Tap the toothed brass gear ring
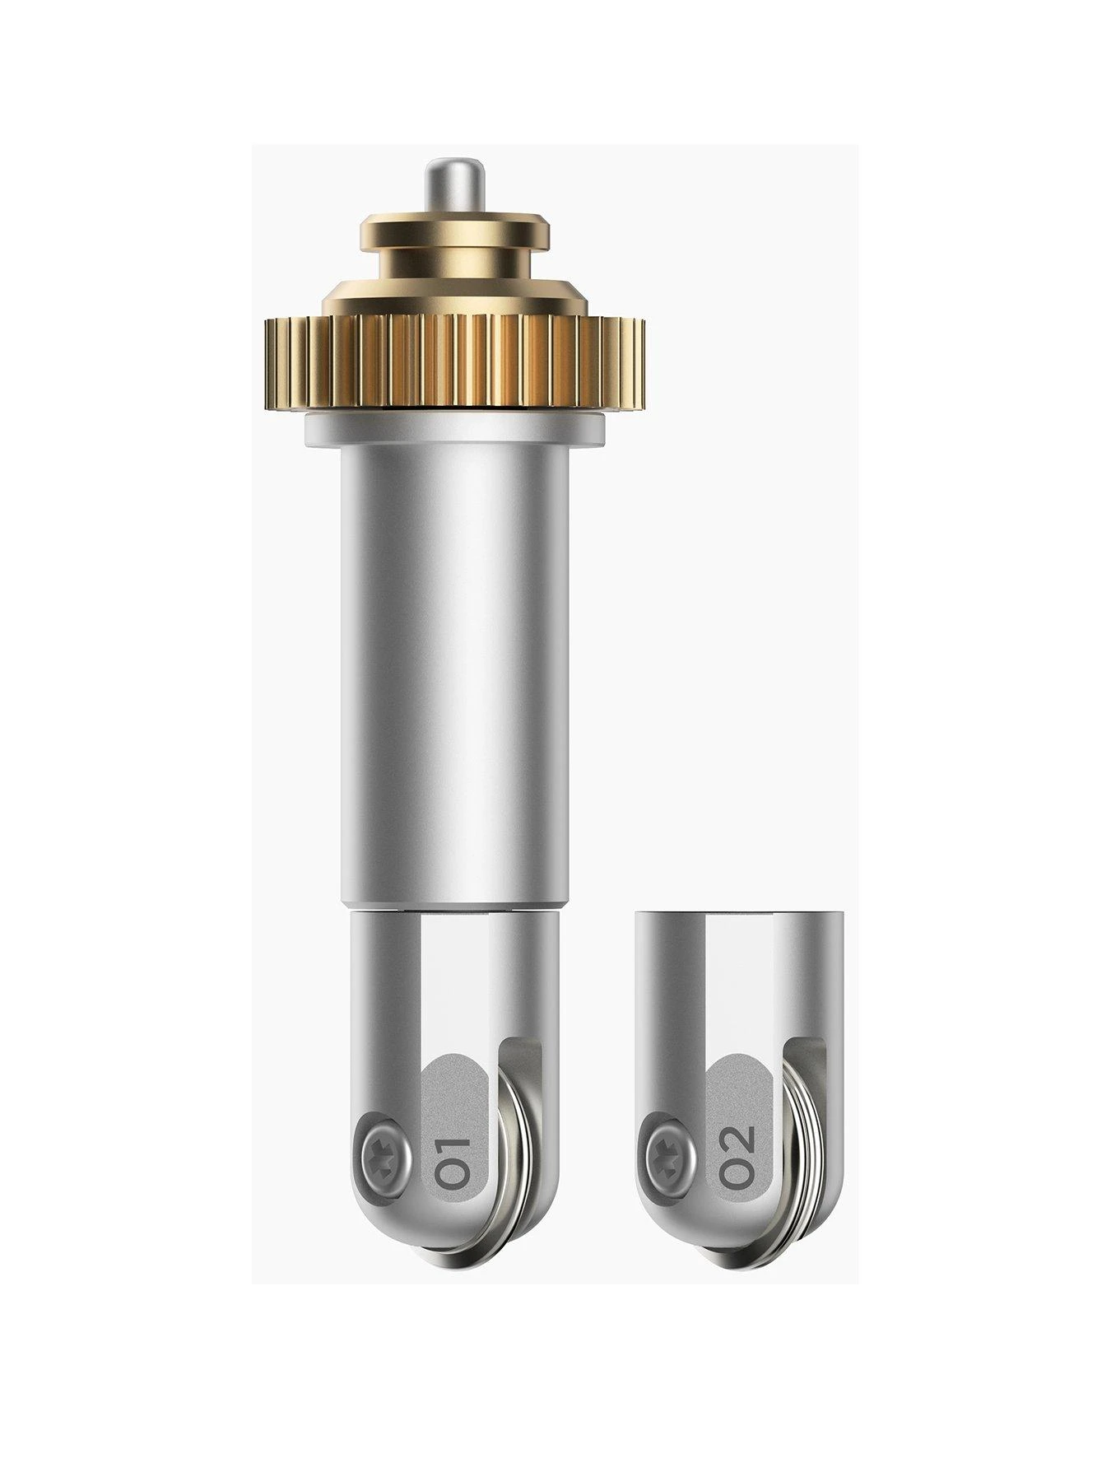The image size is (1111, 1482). point(453,361)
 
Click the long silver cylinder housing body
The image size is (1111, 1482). point(453,675)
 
